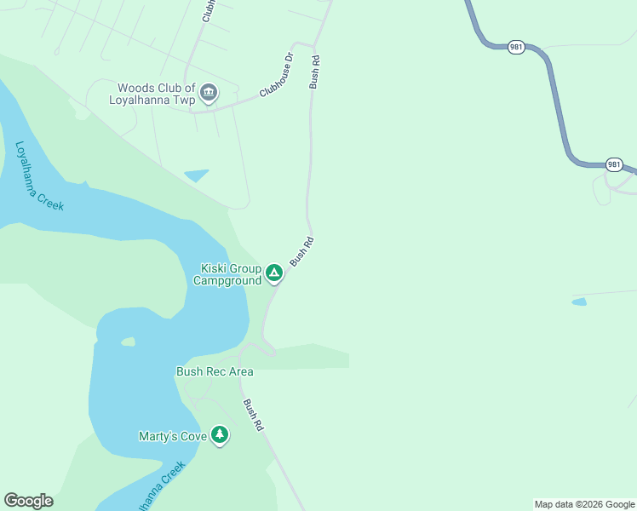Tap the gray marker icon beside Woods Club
(209, 92)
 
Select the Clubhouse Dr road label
(276, 74)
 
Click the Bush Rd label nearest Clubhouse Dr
(314, 72)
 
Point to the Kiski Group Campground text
(227, 274)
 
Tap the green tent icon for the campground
(273, 273)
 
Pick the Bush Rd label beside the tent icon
(302, 251)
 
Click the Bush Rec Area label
(215, 371)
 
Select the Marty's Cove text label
(173, 436)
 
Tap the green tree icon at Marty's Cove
(221, 435)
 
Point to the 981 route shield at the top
(516, 47)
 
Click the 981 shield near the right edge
(614, 164)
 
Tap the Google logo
(28, 501)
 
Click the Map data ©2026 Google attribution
(584, 504)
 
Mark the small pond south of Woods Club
(197, 175)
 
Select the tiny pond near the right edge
(579, 301)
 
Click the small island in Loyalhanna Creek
(128, 342)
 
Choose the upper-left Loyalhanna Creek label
(39, 176)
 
